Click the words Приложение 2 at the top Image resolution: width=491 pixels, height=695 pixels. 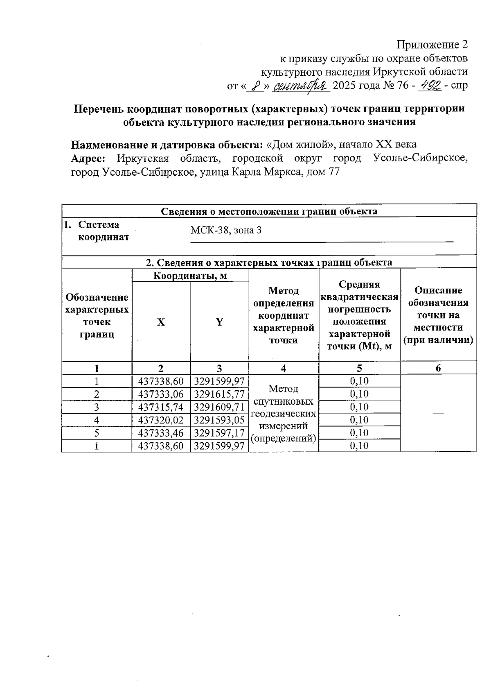432,44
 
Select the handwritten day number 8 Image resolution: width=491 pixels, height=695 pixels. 257,86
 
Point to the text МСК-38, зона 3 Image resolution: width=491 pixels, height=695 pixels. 226,230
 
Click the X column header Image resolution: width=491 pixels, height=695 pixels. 161,322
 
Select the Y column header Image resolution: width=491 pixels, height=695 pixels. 219,322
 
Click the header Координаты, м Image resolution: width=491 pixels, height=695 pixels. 190,276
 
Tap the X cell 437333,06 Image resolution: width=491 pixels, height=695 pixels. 161,394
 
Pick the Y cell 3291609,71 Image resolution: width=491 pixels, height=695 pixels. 219,407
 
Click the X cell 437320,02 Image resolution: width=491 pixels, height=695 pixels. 161,420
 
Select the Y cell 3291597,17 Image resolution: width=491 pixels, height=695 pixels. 219,433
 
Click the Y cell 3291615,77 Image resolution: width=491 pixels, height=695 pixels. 219,394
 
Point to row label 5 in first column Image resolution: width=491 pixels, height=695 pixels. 97,433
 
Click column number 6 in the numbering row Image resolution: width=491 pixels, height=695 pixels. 438,368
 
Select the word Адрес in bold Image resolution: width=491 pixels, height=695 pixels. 88,158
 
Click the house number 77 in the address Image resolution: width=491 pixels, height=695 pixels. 333,172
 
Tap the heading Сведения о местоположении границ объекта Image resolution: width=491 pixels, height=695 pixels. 269,211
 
